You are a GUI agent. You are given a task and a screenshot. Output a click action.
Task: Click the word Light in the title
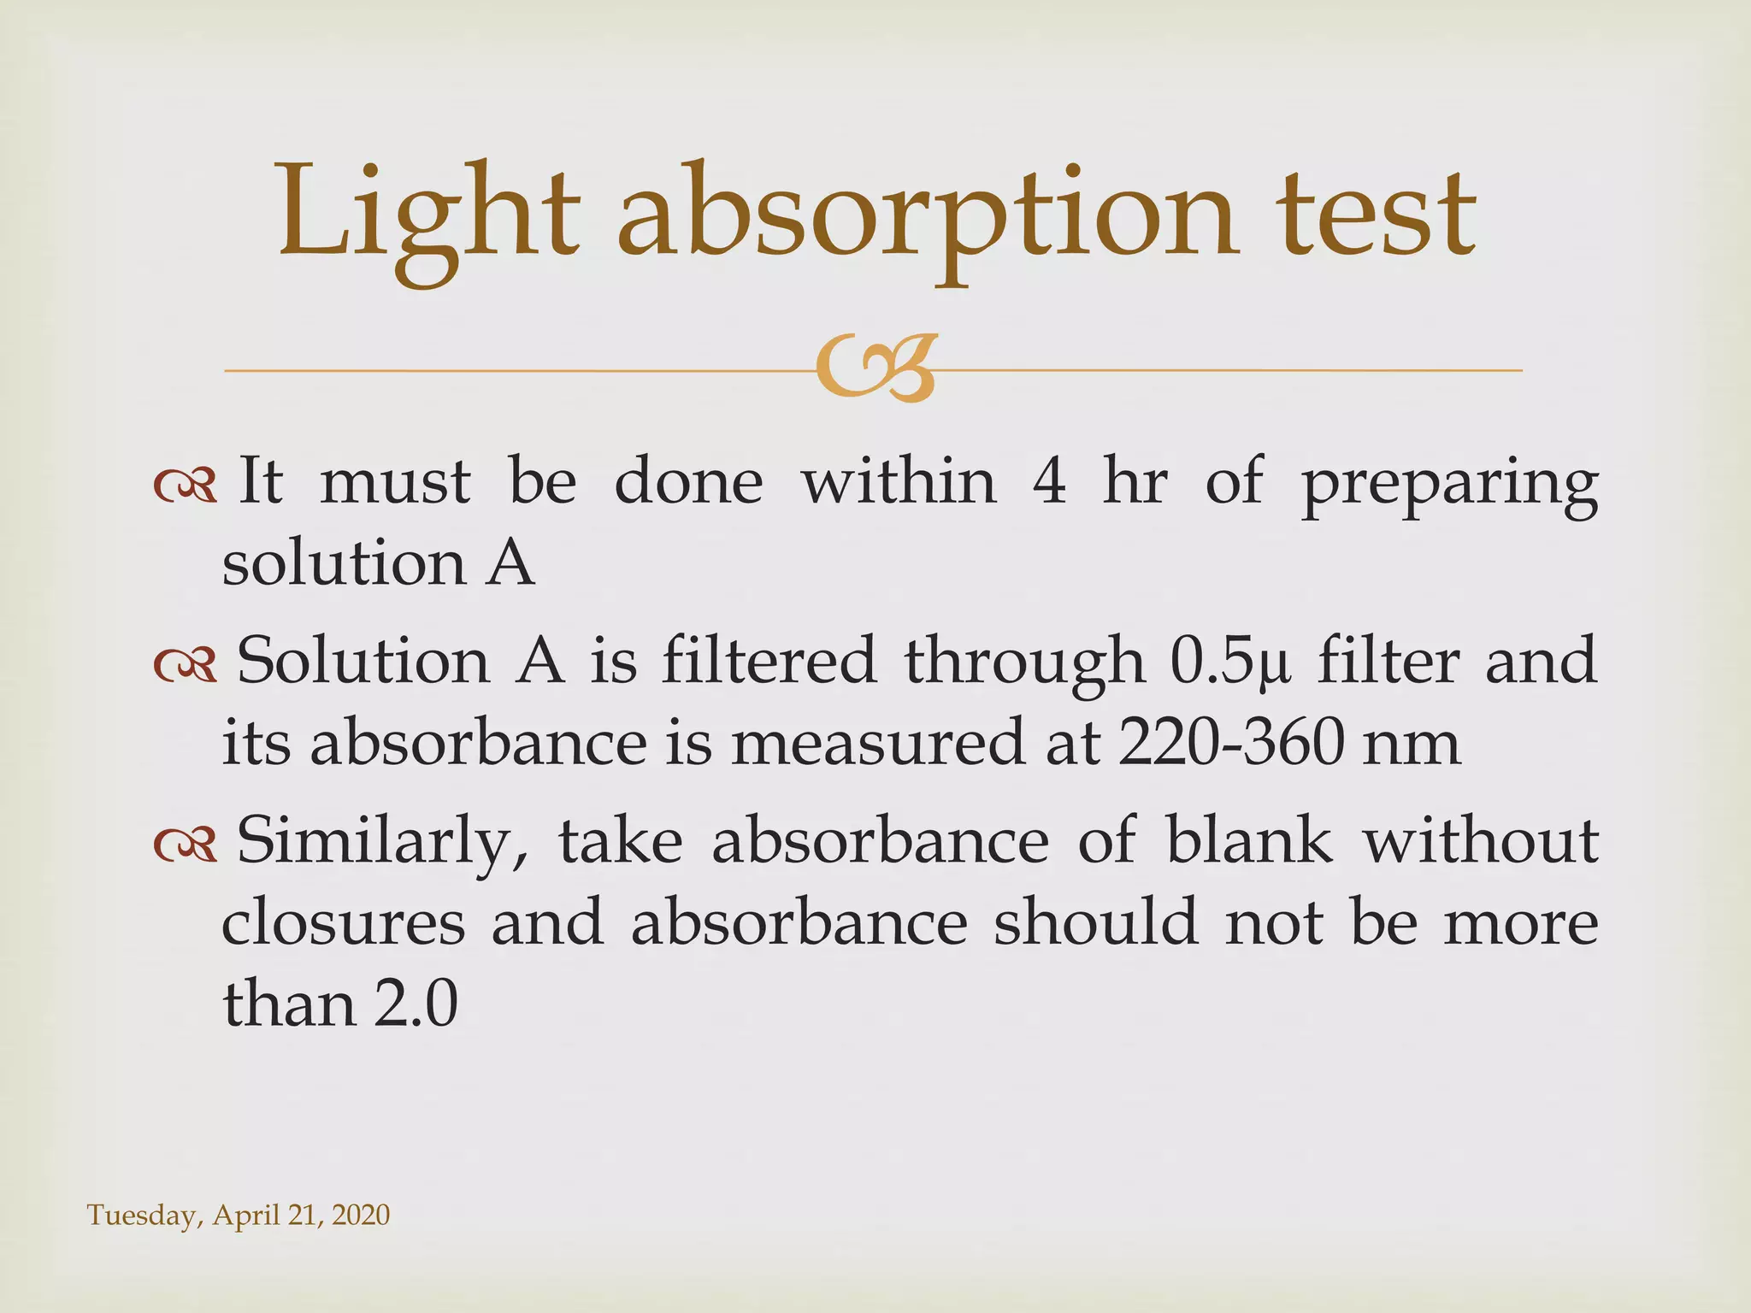tap(427, 214)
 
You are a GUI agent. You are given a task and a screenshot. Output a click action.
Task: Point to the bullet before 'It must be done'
tap(185, 486)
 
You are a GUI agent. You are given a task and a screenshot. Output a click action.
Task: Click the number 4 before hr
tap(1049, 481)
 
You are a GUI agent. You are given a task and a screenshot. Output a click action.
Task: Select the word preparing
tap(1448, 486)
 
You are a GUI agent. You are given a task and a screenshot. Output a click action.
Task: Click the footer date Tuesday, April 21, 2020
tap(239, 1215)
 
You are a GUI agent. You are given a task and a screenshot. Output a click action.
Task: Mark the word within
tap(899, 481)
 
